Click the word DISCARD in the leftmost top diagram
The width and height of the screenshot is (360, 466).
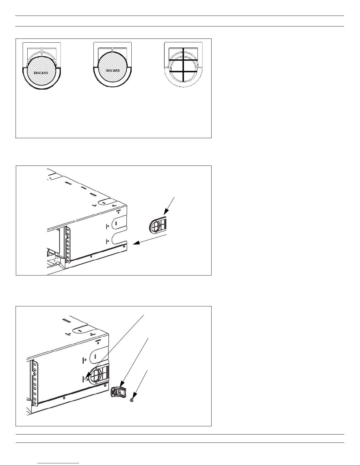coord(41,73)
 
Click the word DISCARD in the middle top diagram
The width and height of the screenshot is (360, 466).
coord(113,71)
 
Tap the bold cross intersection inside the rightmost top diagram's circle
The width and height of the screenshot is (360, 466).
coord(183,71)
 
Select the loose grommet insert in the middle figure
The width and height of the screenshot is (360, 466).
coord(158,224)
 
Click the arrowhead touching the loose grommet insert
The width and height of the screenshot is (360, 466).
coord(166,212)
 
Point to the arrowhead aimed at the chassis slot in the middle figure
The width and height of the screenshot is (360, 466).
coord(136,243)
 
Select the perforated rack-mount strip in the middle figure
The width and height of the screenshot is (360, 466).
coord(68,245)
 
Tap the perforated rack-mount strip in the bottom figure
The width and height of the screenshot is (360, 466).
coord(35,383)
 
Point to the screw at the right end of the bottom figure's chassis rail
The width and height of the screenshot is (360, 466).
coord(105,385)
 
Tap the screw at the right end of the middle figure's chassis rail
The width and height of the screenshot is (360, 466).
coord(124,247)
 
